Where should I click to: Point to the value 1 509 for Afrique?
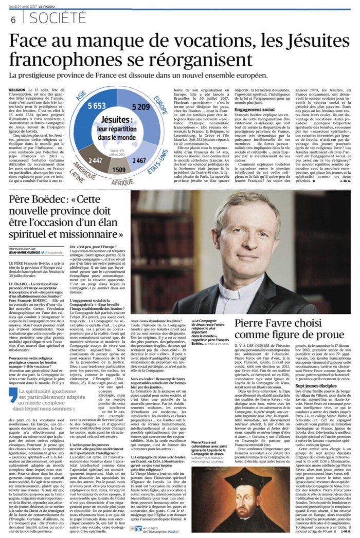118,169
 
